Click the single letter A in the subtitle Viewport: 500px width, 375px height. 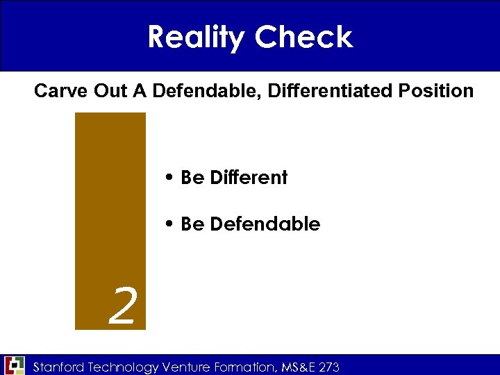(x=138, y=91)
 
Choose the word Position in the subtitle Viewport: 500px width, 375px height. (x=436, y=91)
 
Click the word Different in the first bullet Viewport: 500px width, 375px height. (x=249, y=178)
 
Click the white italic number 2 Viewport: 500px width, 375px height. (x=122, y=308)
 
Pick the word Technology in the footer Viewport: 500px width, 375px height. (x=124, y=366)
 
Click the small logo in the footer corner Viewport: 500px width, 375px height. (x=14, y=365)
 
